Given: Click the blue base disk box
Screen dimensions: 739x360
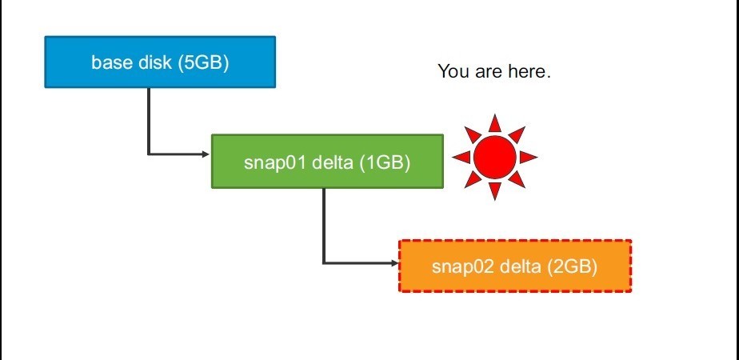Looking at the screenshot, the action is click(x=160, y=62).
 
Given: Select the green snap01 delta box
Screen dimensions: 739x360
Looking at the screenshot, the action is click(x=327, y=161).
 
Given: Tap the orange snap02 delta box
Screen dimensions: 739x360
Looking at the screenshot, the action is click(x=515, y=266).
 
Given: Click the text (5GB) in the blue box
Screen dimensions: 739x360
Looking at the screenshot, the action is click(x=204, y=62).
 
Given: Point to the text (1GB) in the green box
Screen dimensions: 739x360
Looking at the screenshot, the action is click(x=385, y=162).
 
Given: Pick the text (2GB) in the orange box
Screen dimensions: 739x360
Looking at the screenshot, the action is click(x=572, y=266).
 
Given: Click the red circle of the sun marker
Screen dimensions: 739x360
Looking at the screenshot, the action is click(x=495, y=158).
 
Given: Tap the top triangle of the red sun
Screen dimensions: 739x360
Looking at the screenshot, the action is click(x=495, y=124).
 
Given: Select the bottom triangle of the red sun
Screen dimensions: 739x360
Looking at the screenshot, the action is click(x=495, y=190).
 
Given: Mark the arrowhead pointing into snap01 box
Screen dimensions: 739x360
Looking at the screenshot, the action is click(x=206, y=154).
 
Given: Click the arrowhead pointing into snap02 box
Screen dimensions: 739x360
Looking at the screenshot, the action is click(x=394, y=263).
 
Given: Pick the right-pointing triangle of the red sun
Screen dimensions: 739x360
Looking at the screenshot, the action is click(x=527, y=158).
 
